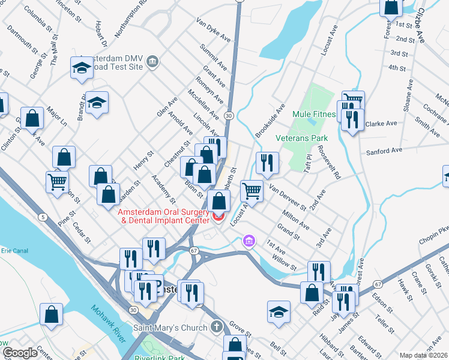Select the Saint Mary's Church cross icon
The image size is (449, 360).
point(217,328)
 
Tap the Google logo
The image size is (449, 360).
point(20,353)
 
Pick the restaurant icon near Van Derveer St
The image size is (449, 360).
point(267,162)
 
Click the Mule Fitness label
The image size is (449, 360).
point(313,114)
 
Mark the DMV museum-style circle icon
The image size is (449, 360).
point(152,61)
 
